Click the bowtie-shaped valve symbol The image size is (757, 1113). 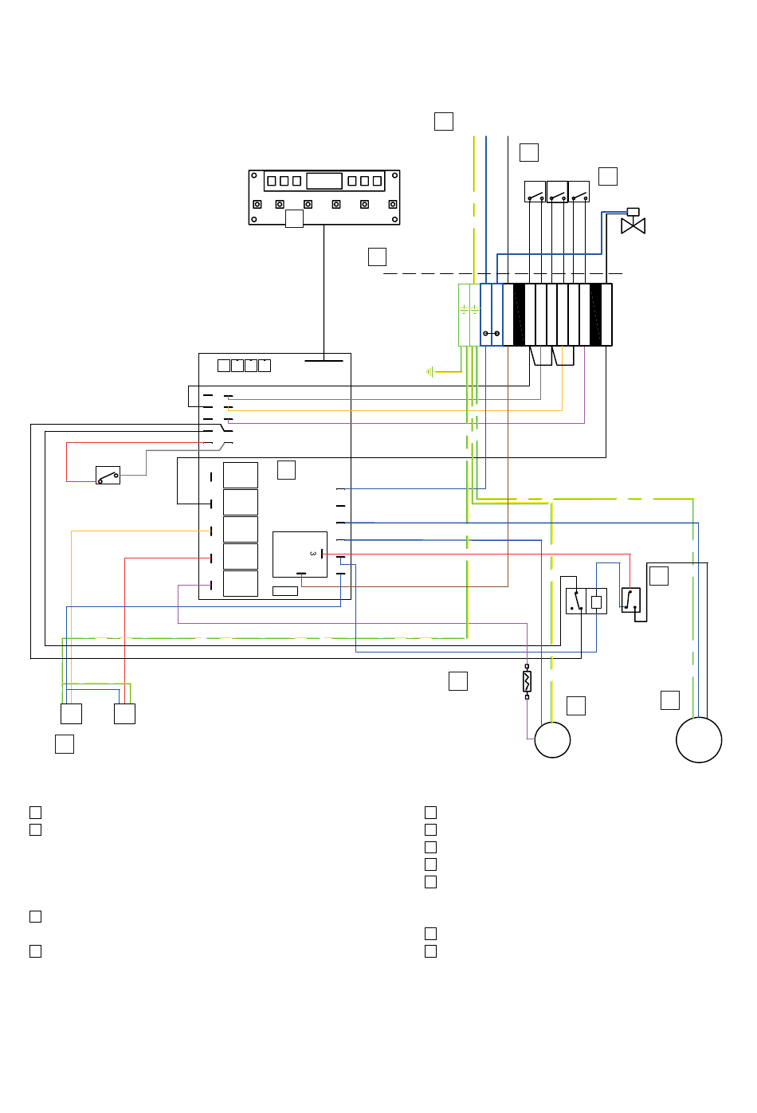[x=633, y=225]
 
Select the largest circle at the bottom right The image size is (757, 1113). [x=698, y=739]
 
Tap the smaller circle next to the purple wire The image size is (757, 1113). [x=551, y=739]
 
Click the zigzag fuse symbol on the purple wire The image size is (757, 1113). [x=527, y=681]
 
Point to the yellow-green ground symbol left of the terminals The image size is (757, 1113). [x=430, y=371]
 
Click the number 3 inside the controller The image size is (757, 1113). [x=312, y=553]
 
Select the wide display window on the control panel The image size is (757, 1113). [x=324, y=181]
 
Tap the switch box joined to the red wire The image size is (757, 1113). [x=108, y=475]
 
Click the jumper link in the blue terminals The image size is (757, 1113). [x=491, y=333]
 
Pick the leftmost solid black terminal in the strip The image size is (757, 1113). [x=519, y=315]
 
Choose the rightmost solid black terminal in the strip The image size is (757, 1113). [x=595, y=315]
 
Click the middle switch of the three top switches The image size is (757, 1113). [x=557, y=191]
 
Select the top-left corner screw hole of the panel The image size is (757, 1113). [x=254, y=175]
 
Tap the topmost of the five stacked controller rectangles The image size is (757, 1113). [x=240, y=475]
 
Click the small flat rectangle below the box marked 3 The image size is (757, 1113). [x=284, y=591]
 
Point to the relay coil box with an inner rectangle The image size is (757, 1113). [x=596, y=602]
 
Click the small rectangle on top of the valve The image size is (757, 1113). [x=633, y=212]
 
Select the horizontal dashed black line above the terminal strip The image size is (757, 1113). [x=503, y=274]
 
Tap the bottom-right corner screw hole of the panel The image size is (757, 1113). [x=394, y=219]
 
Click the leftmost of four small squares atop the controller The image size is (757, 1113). [x=224, y=365]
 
